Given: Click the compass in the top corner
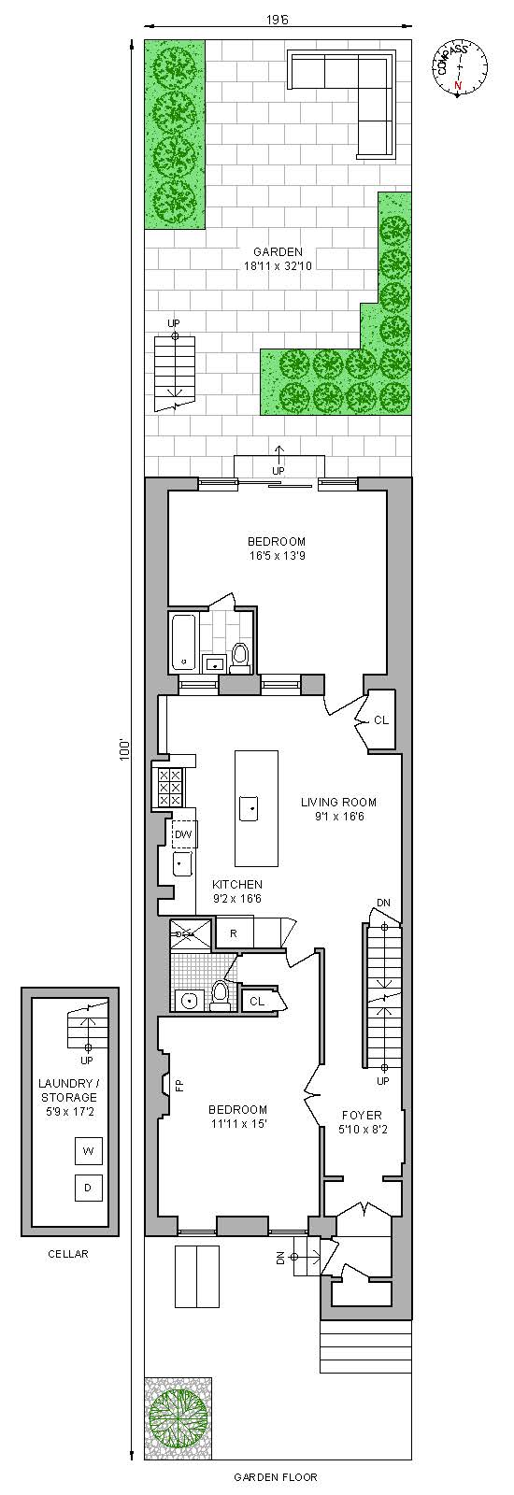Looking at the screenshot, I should [x=461, y=69].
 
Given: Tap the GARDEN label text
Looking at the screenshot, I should [x=278, y=251].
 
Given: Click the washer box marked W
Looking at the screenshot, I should [x=88, y=1151].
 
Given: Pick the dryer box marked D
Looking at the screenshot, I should [x=88, y=1188].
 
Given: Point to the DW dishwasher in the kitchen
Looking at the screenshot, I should [x=183, y=833].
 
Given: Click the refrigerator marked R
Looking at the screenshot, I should [x=233, y=933].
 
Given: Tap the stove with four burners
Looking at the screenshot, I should [x=170, y=787].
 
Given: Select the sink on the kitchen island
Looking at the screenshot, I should [x=249, y=807].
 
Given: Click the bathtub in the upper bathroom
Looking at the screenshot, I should [x=183, y=642].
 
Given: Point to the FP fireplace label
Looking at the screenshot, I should [x=179, y=1085].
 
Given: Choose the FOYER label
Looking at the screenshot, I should [x=361, y=1115].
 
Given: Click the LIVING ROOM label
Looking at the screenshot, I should [x=338, y=802].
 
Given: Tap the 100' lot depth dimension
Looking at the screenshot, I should [x=123, y=750].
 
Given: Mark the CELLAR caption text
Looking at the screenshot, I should [x=68, y=1254].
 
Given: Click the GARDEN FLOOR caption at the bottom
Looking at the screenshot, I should [x=275, y=1477].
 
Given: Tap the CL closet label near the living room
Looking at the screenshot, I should [x=380, y=720].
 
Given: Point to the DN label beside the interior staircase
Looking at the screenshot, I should [x=383, y=903].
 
